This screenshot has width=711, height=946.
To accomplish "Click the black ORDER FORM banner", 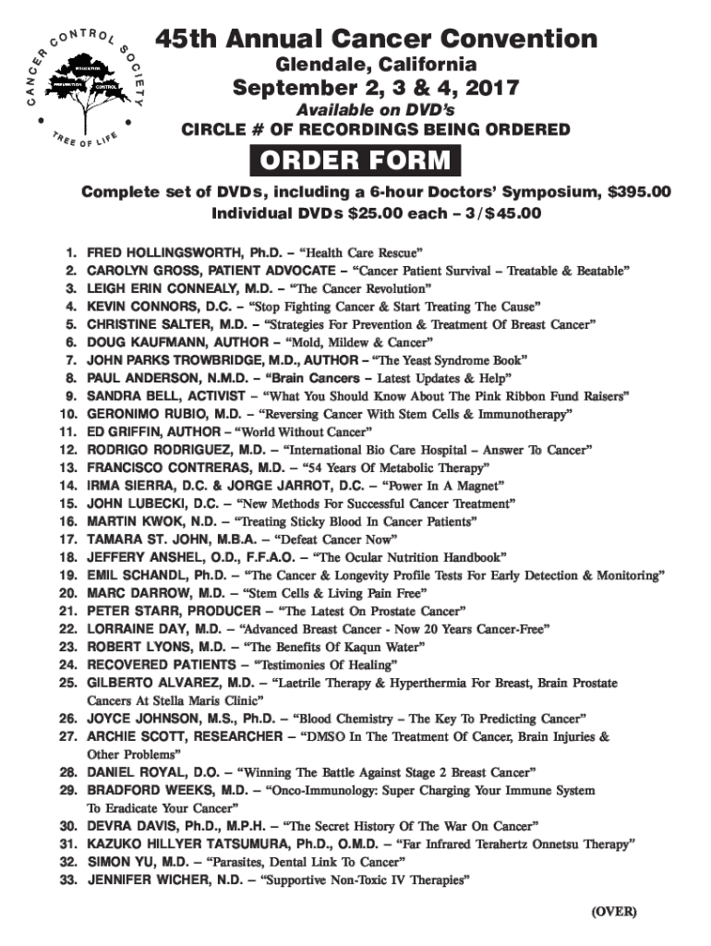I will pos(355,162).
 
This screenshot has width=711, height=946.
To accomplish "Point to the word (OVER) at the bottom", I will pos(614,911).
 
